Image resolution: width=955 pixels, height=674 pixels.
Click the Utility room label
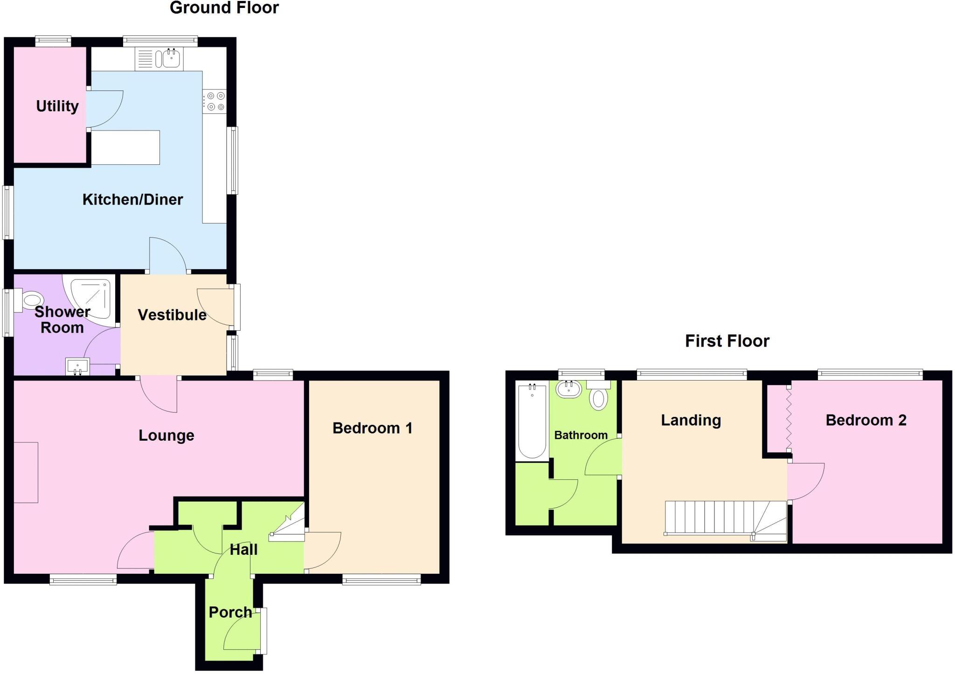[57, 106]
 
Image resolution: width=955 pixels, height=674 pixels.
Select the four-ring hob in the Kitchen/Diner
[215, 102]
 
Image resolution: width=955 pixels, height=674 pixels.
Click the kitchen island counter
[125, 148]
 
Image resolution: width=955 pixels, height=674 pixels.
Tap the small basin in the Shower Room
[77, 366]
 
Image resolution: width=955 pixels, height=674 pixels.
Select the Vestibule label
[172, 315]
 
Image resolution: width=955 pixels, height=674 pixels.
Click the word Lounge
[166, 436]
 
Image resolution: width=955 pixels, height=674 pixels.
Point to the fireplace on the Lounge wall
[26, 472]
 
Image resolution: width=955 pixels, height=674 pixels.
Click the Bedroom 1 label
[372, 428]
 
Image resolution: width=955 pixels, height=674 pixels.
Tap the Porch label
[230, 612]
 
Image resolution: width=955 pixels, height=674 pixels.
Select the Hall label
[243, 550]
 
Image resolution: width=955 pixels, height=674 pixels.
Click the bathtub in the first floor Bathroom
[532, 421]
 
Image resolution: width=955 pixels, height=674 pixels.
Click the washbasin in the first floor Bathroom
[569, 389]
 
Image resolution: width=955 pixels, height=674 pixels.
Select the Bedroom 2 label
[866, 420]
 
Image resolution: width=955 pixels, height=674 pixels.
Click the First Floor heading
[727, 341]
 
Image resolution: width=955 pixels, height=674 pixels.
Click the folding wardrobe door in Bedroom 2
[789, 419]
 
